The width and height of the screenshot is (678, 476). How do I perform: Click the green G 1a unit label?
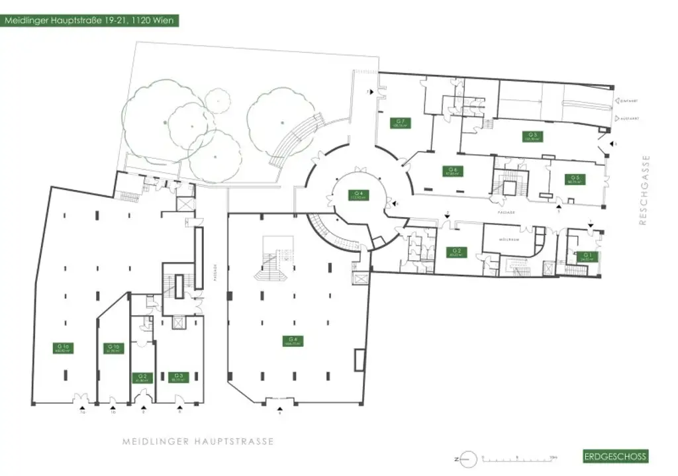click(x=64, y=348)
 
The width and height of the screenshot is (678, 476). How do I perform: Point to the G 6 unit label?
click(x=452, y=171)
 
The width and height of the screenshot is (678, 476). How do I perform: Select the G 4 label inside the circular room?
click(x=360, y=195)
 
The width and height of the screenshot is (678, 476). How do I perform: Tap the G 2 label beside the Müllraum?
click(x=456, y=252)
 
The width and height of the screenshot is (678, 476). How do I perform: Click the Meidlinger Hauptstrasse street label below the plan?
click(x=198, y=441)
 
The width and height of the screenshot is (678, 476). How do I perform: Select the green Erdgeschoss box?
click(x=615, y=456)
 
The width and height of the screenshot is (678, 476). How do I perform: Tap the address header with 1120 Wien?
click(x=89, y=21)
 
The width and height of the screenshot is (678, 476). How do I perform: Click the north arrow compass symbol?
click(x=467, y=458)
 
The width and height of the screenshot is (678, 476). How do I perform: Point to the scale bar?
click(x=520, y=458)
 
